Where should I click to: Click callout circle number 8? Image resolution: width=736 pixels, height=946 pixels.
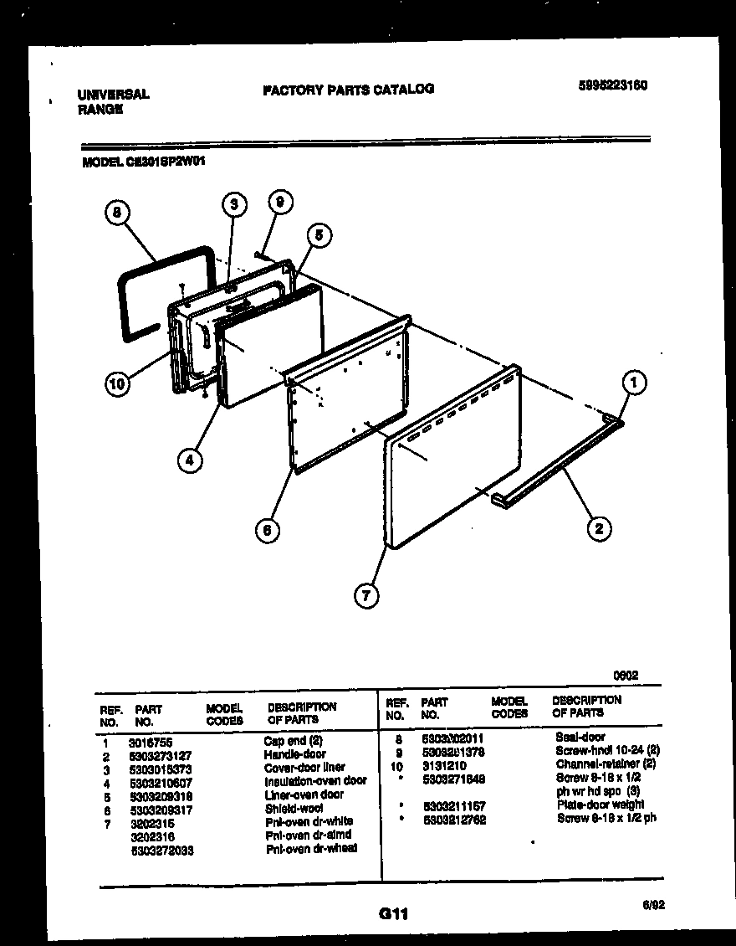click(x=119, y=213)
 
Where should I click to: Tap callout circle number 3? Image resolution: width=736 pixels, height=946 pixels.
click(x=235, y=203)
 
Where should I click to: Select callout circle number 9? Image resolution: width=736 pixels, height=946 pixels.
click(x=280, y=202)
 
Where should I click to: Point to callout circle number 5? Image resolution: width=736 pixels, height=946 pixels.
click(x=319, y=236)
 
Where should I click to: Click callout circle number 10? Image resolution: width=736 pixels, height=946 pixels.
click(x=119, y=384)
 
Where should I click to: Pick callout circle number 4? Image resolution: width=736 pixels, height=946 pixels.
click(x=190, y=460)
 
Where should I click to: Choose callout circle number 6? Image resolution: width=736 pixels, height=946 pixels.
click(x=267, y=529)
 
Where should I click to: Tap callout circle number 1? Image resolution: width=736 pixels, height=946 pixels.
click(x=635, y=383)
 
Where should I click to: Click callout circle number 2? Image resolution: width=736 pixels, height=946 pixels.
click(x=598, y=527)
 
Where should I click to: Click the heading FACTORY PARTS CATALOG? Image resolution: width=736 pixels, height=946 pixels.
click(x=348, y=89)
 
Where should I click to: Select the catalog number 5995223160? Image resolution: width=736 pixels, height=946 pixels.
click(x=613, y=85)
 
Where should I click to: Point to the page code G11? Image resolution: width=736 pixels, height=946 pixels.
click(x=392, y=915)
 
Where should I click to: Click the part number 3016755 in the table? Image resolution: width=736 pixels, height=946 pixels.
click(x=151, y=741)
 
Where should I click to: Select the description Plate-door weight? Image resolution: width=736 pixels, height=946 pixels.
click(x=599, y=805)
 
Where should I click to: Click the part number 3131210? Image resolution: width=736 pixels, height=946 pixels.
click(x=444, y=765)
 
